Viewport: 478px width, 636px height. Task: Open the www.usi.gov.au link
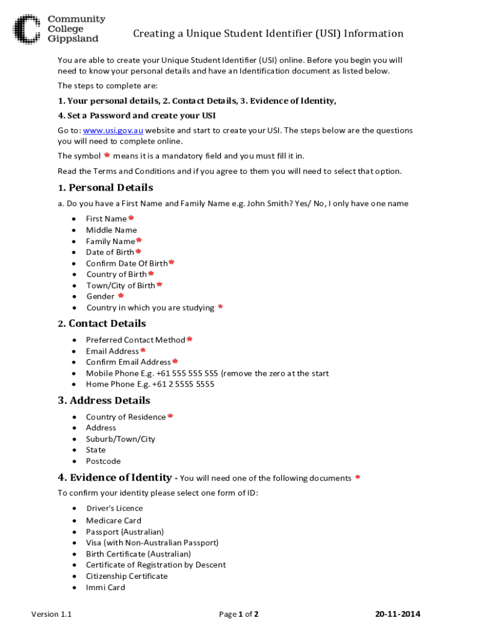tap(112, 130)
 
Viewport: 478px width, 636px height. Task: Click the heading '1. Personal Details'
tap(105, 188)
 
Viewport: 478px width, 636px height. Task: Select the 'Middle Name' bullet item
tap(111, 230)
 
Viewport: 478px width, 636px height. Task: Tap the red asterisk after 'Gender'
tap(121, 296)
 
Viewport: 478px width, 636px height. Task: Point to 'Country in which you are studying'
tap(150, 307)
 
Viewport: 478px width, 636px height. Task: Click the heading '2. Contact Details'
tap(102, 324)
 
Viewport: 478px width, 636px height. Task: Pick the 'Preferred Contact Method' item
tap(135, 340)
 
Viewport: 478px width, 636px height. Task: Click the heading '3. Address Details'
tap(104, 401)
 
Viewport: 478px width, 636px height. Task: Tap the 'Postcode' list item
tap(103, 461)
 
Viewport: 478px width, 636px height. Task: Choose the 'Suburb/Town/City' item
tap(120, 439)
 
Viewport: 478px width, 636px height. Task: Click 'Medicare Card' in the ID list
tap(114, 520)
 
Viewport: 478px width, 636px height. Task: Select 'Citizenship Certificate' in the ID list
tap(127, 576)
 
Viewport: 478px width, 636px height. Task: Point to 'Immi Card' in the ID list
tap(106, 588)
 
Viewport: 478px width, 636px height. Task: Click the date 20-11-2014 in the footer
tap(397, 614)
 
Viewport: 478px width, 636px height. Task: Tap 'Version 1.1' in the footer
tap(52, 614)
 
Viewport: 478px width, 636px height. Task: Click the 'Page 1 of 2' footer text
tap(238, 614)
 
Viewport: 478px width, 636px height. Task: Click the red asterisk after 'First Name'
tap(131, 218)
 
